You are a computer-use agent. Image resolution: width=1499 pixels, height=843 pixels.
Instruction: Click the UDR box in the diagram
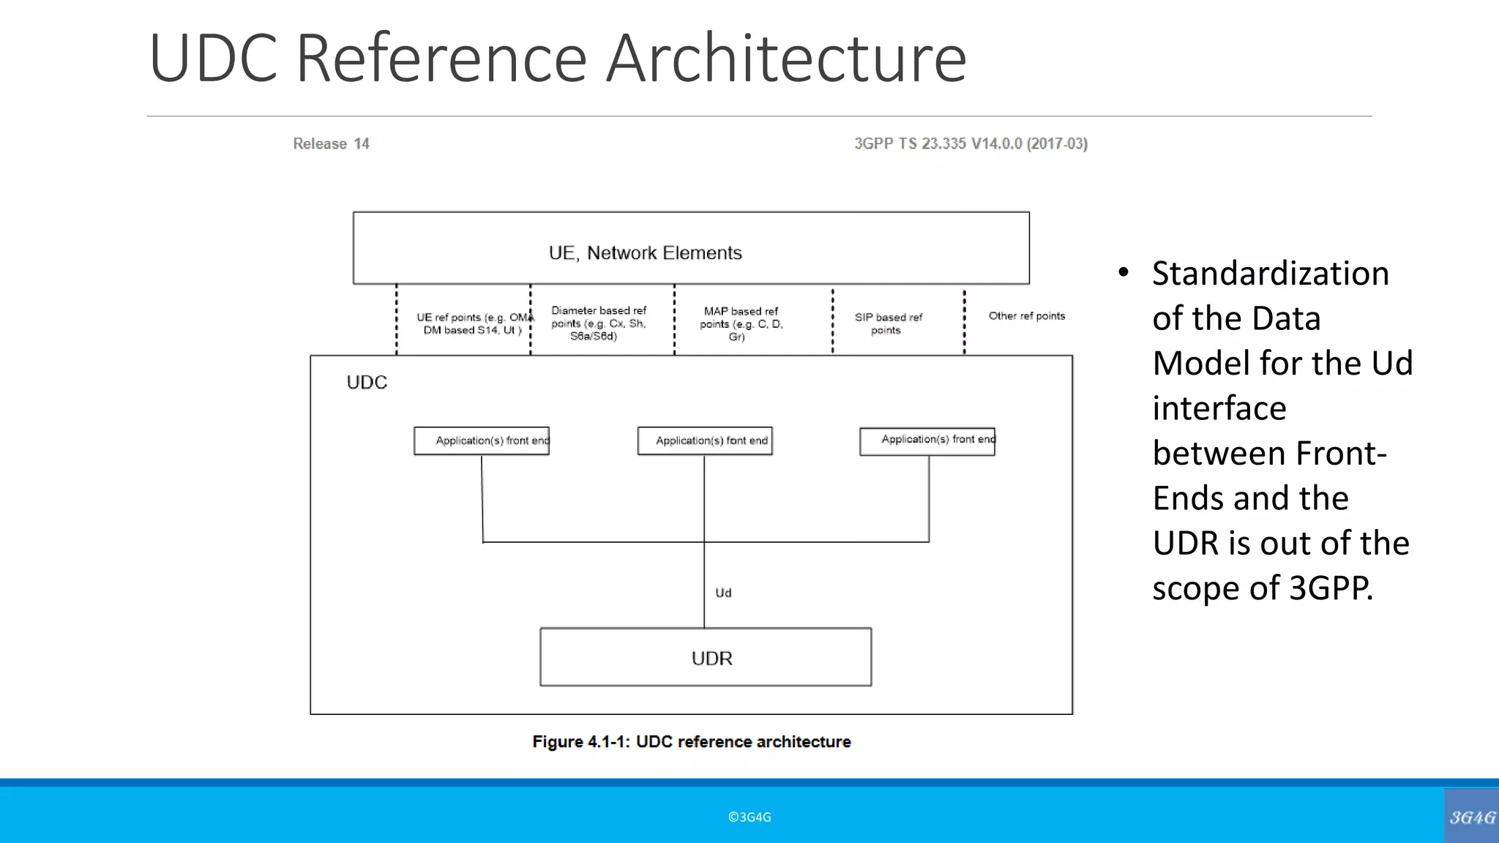click(706, 657)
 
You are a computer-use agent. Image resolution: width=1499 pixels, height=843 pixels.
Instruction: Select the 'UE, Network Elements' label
click(645, 253)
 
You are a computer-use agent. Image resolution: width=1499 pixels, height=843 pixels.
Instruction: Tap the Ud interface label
click(723, 593)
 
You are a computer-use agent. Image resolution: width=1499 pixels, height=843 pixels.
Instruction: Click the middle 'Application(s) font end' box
click(705, 441)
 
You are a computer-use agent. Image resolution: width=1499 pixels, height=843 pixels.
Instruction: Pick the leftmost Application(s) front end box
click(482, 441)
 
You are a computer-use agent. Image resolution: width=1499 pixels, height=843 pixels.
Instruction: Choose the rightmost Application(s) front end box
click(927, 441)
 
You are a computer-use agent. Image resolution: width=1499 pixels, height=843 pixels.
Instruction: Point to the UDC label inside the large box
click(367, 383)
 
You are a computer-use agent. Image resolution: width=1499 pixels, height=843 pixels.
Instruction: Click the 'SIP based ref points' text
click(888, 323)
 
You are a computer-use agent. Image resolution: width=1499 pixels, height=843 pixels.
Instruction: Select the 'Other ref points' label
click(1026, 316)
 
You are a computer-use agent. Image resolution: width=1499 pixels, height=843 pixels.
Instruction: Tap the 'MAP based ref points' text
click(741, 323)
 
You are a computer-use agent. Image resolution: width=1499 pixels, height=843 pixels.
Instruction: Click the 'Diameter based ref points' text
click(598, 323)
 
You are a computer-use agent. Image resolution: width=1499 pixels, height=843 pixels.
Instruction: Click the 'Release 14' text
click(331, 144)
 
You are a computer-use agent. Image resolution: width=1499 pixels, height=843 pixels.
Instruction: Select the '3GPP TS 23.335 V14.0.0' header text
click(971, 144)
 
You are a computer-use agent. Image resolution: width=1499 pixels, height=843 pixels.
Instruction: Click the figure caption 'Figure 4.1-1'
click(691, 742)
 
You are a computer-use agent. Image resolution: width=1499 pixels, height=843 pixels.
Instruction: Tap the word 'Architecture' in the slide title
click(786, 59)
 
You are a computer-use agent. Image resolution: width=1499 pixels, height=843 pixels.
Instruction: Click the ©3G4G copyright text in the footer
click(749, 817)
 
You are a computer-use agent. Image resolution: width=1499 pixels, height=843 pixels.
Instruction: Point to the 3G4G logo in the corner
click(1471, 817)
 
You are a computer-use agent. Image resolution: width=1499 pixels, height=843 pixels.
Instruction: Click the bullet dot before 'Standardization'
click(1124, 274)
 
